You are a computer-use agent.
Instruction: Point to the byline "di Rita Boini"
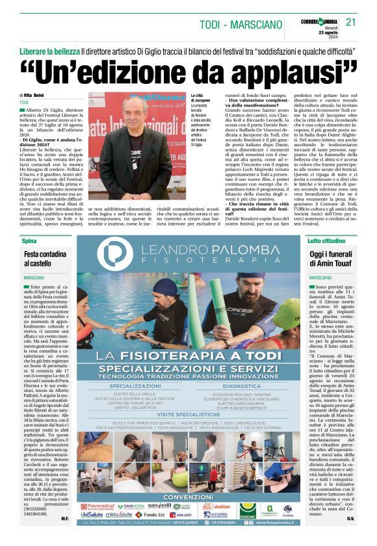coord(33,95)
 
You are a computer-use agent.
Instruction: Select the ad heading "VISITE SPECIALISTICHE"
coord(188,414)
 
